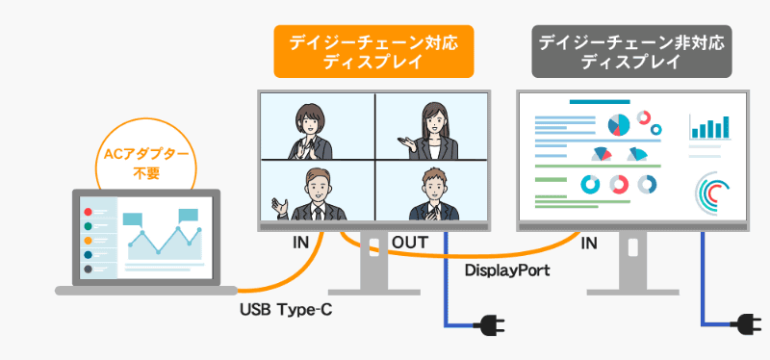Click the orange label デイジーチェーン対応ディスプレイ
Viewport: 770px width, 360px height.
[x=372, y=52]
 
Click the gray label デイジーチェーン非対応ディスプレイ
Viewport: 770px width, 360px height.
[x=630, y=52]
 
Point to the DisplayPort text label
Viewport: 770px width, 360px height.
[x=507, y=270]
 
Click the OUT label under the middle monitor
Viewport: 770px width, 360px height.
[x=410, y=244]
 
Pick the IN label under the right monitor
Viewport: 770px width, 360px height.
[x=588, y=244]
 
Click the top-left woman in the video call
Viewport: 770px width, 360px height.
[x=313, y=130]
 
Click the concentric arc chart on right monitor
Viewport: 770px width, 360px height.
[x=713, y=191]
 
